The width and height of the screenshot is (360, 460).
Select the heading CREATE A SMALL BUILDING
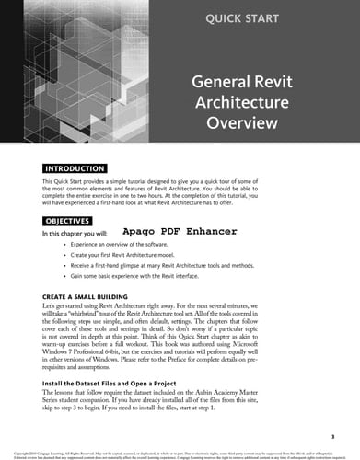click(x=98, y=297)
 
